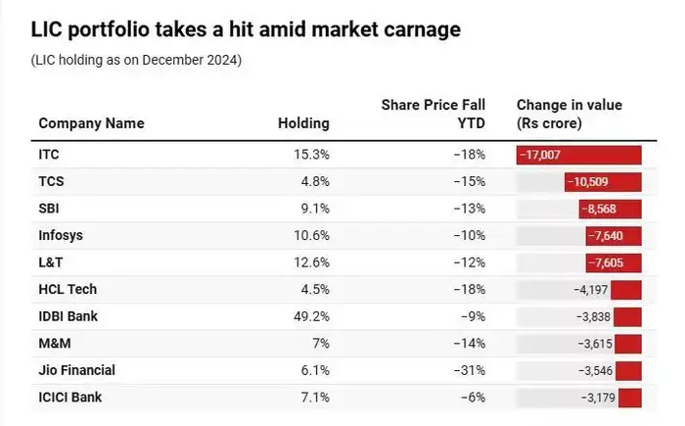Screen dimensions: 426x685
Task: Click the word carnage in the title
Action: coord(415,30)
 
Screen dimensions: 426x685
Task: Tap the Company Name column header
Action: coord(91,123)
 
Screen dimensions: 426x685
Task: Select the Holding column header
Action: coord(303,123)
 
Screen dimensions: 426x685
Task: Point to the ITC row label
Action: coord(49,155)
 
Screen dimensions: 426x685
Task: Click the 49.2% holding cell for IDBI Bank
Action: coord(309,316)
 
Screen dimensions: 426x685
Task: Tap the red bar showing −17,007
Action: coord(578,155)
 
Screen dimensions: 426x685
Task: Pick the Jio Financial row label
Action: coord(76,370)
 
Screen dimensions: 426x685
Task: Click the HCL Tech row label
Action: coord(68,289)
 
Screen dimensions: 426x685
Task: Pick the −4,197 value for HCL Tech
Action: coord(591,289)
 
